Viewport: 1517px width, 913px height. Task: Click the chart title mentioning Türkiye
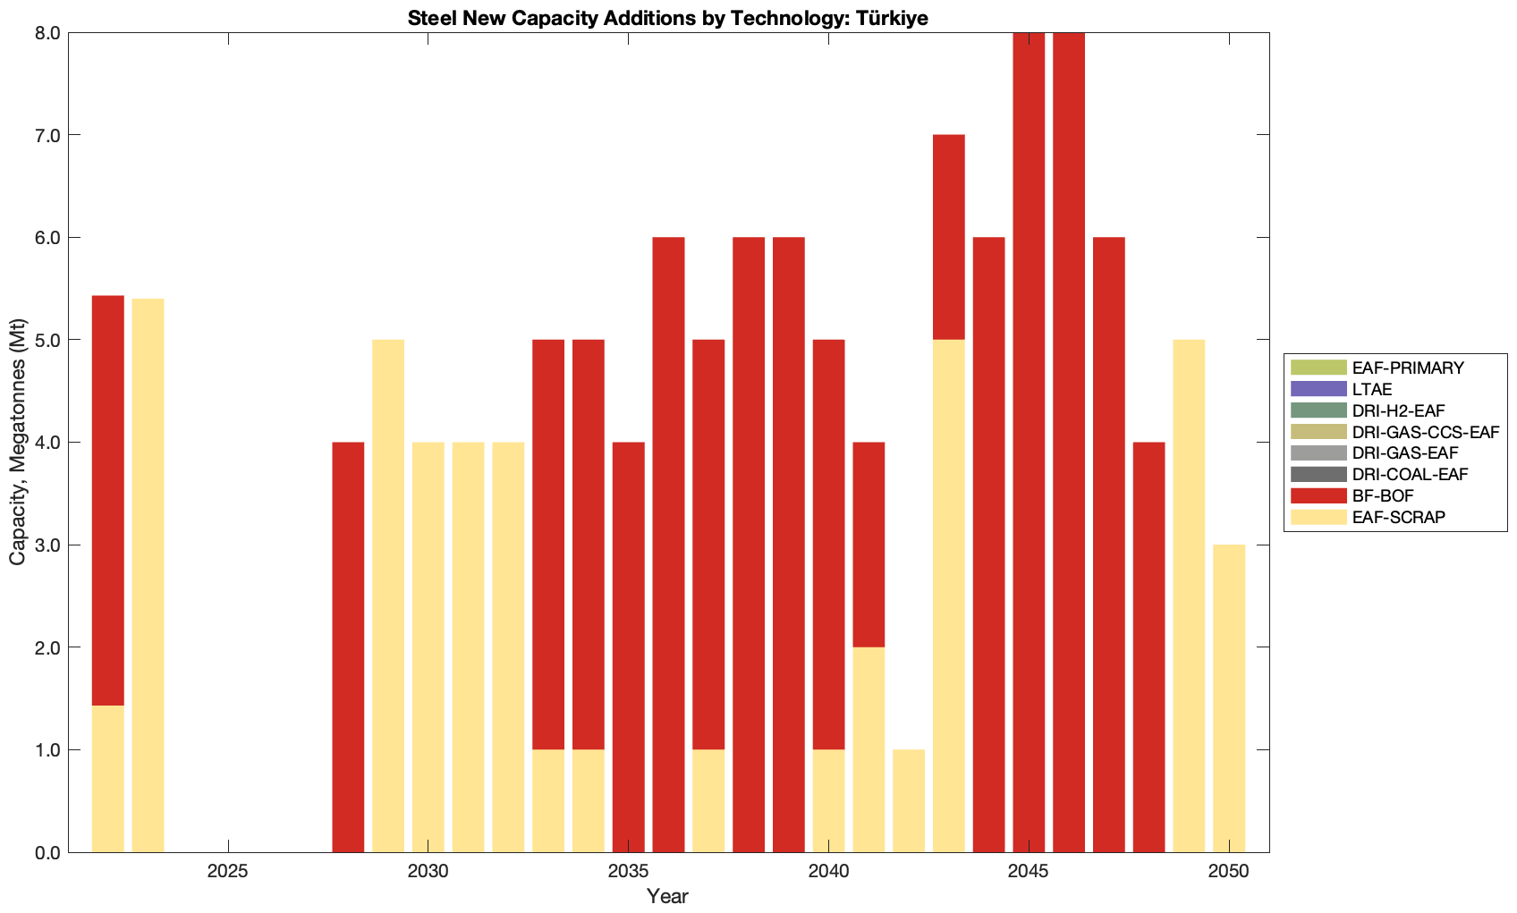coord(667,18)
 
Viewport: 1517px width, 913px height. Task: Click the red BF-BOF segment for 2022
coord(108,501)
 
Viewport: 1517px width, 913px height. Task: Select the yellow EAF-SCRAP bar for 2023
coord(148,575)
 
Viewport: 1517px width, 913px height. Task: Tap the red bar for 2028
coord(348,647)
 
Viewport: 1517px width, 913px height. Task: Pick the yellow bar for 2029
coord(388,596)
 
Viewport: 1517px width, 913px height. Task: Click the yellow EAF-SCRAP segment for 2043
coord(948,596)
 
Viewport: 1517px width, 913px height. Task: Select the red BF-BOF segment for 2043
coord(948,237)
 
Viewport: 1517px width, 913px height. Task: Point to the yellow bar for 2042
coord(909,800)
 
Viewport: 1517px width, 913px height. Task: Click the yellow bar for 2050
coord(1229,698)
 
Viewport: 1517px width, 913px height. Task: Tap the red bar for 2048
coord(1148,647)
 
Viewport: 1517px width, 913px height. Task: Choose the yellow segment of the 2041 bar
coord(869,749)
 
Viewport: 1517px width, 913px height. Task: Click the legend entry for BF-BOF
coord(1383,495)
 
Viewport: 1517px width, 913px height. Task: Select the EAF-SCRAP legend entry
coord(1398,517)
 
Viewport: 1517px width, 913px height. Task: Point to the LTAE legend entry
coord(1372,389)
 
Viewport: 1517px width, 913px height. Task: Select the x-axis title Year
coord(667,896)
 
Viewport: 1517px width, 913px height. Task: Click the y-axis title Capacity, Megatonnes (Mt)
coord(18,442)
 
